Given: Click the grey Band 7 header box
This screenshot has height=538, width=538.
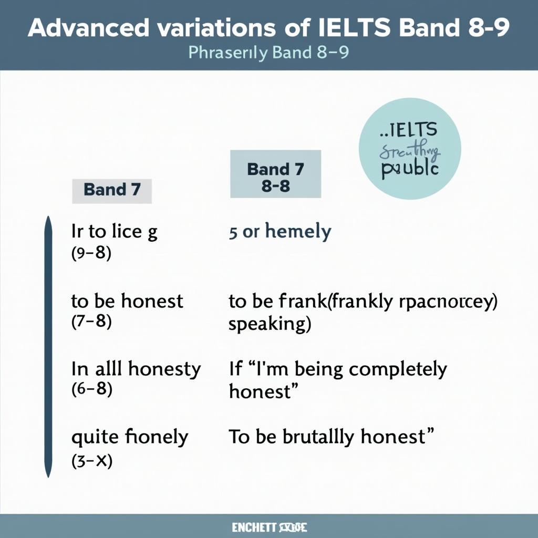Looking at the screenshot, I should pos(112,190).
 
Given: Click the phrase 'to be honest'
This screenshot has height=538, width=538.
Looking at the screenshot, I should pos(127,301).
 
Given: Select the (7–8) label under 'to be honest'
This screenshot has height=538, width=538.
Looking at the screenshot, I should pos(91,322).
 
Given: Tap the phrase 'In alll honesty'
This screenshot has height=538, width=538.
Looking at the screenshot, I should pos(136,369).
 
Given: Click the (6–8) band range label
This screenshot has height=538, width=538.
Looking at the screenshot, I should pos(91,390).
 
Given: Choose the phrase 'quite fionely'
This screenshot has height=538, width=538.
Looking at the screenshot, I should pos(129,437).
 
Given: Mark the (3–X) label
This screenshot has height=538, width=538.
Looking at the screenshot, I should pos(91,462).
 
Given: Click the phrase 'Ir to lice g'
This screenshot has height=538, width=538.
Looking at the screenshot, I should pos(114,232).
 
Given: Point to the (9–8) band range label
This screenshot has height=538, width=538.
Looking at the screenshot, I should pos(91,254).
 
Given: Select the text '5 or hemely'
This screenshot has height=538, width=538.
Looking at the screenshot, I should pos(280,232).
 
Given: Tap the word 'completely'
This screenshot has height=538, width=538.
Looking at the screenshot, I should pos(398,369).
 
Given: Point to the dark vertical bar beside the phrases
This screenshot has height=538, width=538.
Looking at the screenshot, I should pos(48,347).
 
